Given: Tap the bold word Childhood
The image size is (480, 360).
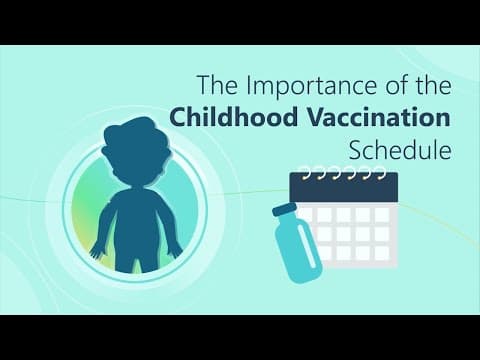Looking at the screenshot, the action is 233,117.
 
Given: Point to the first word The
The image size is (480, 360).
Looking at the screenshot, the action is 218,85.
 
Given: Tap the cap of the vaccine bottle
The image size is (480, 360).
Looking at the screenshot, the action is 285,210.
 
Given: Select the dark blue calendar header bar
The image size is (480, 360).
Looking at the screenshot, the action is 344,187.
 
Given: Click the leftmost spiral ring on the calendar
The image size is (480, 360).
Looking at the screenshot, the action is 304,173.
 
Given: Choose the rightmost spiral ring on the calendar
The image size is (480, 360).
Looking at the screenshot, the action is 381,173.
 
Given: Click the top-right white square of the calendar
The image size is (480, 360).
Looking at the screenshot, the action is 382,215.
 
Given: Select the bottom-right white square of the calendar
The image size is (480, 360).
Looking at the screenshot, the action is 382,253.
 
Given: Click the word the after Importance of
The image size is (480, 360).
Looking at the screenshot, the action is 434,85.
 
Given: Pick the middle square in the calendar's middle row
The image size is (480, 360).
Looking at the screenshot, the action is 344,234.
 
